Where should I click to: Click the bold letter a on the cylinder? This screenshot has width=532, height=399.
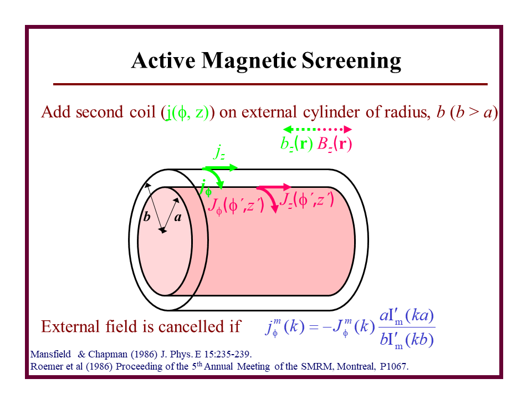[x=178, y=218]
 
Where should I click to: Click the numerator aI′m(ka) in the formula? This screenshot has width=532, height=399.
[x=406, y=316]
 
